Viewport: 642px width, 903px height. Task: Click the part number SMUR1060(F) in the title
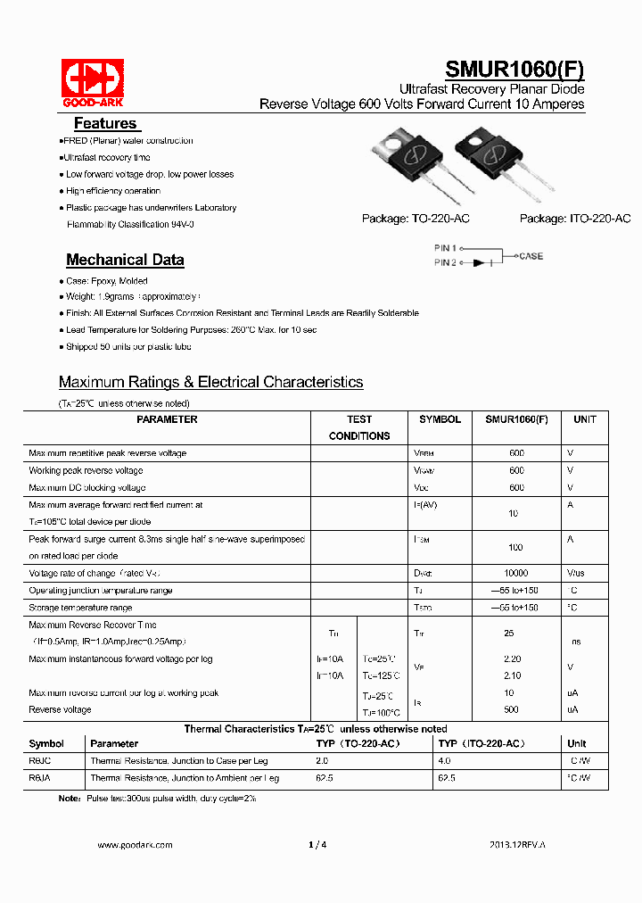514,70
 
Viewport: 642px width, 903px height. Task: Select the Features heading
105,124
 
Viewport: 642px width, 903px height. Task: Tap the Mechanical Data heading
125,260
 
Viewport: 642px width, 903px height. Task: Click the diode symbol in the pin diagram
481,262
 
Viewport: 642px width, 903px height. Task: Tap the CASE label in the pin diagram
531,256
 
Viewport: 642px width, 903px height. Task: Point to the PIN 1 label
445,247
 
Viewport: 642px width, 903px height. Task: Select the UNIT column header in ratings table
585,419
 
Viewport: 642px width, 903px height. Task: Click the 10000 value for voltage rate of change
515,573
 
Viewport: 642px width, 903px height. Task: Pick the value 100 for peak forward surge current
515,547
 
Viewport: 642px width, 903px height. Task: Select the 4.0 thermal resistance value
444,761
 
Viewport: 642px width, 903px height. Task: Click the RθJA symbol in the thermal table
41,778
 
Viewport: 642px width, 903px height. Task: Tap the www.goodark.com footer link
135,844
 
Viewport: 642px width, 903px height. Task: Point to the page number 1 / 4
317,844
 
